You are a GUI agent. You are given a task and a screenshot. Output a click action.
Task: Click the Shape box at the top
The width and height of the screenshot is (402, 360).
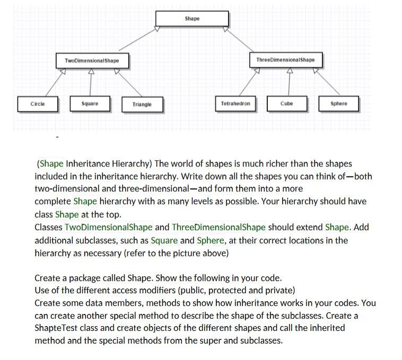coord(192,19)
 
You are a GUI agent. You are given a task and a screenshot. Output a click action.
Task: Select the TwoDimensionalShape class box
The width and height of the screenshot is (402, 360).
coord(92,60)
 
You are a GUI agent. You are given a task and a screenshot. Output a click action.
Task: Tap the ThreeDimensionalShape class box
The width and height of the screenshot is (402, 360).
coord(285,60)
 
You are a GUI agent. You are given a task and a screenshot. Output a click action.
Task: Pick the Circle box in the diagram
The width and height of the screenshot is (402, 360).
coord(38,103)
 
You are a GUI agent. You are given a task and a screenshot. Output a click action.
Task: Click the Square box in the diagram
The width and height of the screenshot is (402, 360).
coord(90,103)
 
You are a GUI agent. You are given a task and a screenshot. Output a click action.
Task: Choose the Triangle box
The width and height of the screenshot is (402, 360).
coord(142,104)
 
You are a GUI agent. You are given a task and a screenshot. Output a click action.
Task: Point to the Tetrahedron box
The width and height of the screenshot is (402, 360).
coord(235,103)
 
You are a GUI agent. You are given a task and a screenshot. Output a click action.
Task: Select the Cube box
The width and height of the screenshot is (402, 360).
coord(286,103)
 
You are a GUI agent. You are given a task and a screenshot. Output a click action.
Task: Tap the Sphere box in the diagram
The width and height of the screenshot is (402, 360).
coord(338,103)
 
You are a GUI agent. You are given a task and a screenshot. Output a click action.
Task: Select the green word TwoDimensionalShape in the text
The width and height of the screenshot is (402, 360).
coord(108,227)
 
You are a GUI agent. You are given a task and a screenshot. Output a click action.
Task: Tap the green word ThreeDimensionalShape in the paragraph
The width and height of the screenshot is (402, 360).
coord(219,227)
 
